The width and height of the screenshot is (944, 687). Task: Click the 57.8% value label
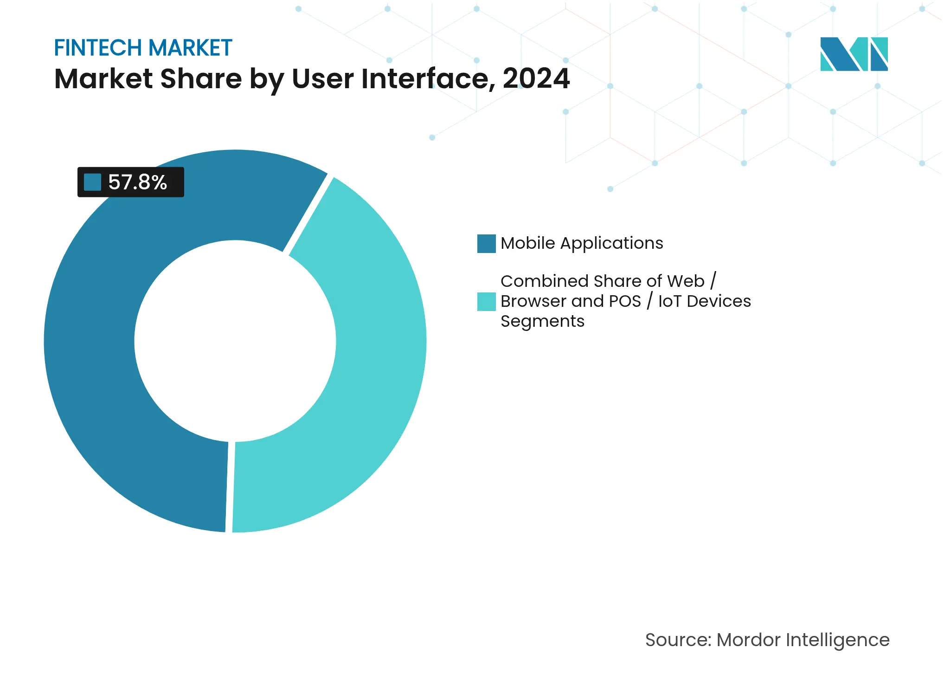[137, 182]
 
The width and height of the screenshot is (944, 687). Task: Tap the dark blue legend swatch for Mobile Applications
[486, 244]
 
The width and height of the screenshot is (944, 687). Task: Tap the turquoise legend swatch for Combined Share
[486, 302]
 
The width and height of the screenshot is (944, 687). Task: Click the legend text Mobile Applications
[582, 243]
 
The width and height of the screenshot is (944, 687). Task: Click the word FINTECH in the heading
[98, 48]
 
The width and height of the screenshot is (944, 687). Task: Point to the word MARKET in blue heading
[190, 48]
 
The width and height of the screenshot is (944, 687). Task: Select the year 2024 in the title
[536, 78]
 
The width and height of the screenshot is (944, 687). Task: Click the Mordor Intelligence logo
[854, 54]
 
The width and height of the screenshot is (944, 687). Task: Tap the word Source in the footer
[677, 640]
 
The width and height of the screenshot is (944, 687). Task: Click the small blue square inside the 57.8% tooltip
[92, 182]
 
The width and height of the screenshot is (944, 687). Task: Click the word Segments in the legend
[542, 322]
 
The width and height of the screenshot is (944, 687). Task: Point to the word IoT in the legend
[669, 301]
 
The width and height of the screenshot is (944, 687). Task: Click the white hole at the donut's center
[235, 341]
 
